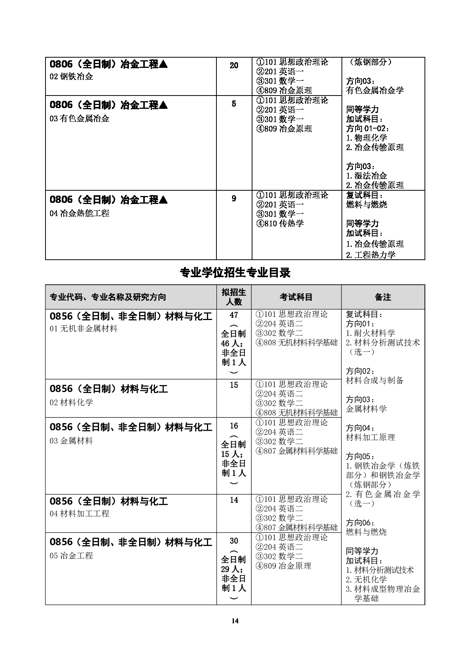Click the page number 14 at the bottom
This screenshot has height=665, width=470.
(x=235, y=621)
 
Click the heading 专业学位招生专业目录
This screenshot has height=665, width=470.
(x=235, y=273)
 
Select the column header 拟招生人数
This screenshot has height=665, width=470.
(x=234, y=297)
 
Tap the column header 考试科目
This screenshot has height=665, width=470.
(x=296, y=297)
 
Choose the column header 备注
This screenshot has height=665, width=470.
(x=383, y=297)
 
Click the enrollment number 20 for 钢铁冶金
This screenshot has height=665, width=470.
(x=234, y=66)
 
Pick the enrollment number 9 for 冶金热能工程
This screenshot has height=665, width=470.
(x=234, y=199)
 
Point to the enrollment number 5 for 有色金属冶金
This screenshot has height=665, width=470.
(x=234, y=104)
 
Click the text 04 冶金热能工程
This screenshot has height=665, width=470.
(x=79, y=213)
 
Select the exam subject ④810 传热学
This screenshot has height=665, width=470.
(x=280, y=224)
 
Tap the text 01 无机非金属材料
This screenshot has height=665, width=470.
(x=83, y=329)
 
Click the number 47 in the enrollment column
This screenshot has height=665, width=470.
(x=234, y=315)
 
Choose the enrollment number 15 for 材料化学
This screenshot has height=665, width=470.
(x=234, y=385)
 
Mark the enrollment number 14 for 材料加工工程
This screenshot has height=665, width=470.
(x=234, y=500)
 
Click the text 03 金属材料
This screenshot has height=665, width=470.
(x=71, y=441)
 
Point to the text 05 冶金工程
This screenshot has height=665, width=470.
(x=71, y=556)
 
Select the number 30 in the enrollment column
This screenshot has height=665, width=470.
(x=234, y=541)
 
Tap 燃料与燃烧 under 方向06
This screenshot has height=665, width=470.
(x=366, y=532)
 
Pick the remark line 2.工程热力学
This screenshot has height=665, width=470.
(x=371, y=255)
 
